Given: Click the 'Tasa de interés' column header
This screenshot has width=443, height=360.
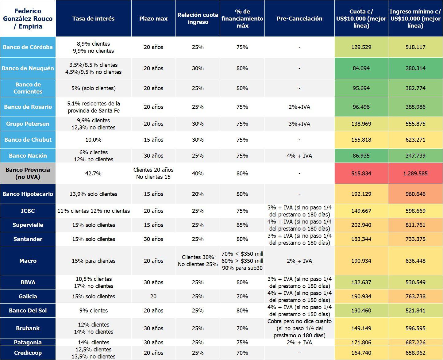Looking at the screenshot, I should (93, 18).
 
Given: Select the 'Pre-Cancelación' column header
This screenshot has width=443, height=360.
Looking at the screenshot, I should (299, 18).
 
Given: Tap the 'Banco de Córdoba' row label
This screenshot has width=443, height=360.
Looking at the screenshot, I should (28, 47).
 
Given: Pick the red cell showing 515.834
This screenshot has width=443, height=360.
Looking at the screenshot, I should (361, 174).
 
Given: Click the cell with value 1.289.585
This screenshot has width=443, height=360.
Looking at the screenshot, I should (415, 174).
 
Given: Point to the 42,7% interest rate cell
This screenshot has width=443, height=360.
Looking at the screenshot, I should (93, 174).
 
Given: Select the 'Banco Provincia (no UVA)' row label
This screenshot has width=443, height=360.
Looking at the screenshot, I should (28, 174).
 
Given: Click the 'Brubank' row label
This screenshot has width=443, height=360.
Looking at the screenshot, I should (28, 328).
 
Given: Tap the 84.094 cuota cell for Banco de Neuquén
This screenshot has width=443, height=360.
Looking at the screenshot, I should (361, 68).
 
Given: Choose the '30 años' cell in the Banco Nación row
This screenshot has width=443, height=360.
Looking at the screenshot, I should (153, 156).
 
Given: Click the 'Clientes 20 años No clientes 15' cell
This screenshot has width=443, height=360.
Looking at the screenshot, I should (153, 174).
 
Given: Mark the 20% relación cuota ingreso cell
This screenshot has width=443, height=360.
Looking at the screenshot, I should (198, 194).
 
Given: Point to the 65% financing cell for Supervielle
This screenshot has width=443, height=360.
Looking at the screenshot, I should (242, 225).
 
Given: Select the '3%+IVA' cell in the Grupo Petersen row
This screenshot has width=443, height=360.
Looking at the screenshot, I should (299, 124).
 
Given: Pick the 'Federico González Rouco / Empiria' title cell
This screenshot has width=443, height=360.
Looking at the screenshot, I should (28, 18).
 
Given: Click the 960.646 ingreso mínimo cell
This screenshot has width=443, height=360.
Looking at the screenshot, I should (415, 194).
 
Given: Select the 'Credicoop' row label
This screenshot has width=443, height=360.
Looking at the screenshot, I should (28, 353).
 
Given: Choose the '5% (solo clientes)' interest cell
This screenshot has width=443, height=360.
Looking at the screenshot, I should (93, 88).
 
